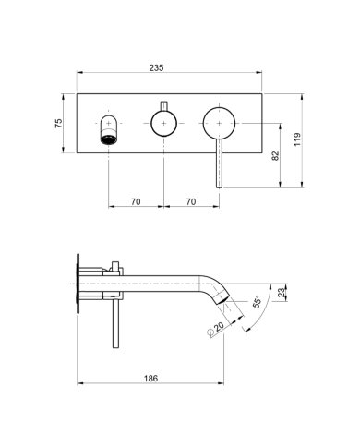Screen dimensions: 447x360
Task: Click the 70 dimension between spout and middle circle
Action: coord(137,200)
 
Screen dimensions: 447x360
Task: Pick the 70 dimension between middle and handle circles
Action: coord(192,200)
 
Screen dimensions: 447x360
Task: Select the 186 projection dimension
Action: coord(150,378)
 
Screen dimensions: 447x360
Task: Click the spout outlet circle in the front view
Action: coord(109,122)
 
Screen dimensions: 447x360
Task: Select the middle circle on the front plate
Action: coord(164,121)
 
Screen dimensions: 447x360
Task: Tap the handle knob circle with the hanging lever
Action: coord(220,121)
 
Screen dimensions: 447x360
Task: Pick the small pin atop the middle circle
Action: coord(164,102)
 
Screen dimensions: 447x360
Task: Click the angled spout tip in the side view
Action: coord(222,294)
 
